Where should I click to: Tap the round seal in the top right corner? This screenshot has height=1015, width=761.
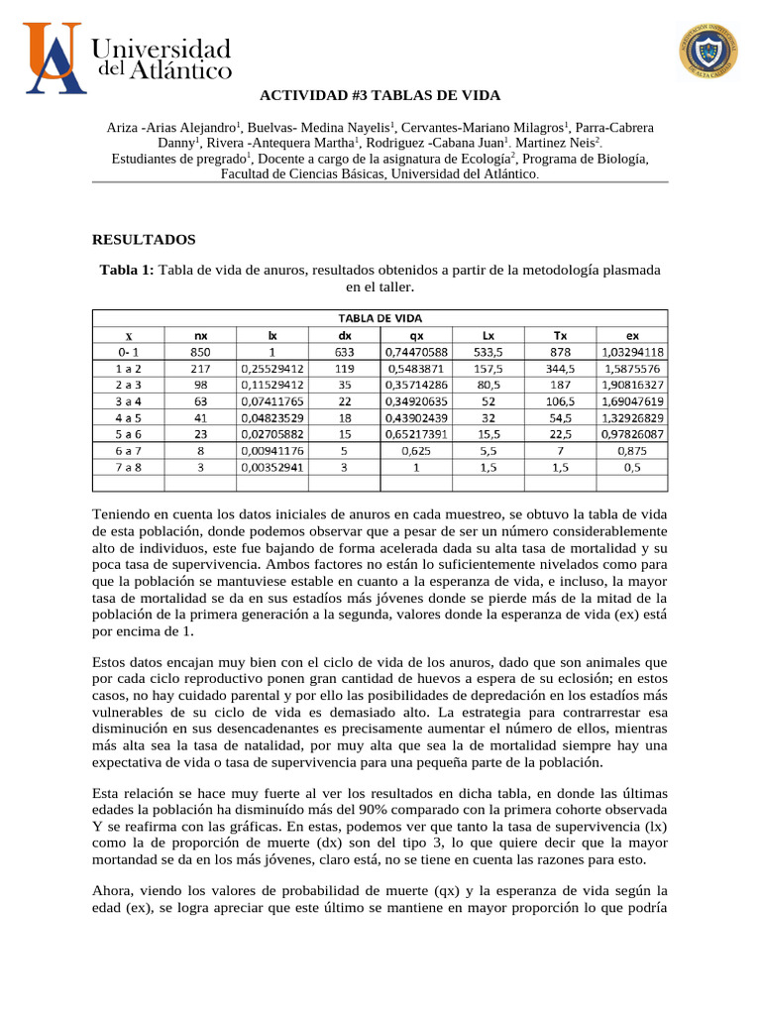[x=707, y=51]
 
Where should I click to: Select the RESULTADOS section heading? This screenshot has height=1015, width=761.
[x=144, y=239]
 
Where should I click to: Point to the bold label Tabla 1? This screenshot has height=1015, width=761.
[x=127, y=270]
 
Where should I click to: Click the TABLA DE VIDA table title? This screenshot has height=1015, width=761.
[x=380, y=317]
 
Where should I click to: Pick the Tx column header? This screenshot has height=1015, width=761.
[x=560, y=335]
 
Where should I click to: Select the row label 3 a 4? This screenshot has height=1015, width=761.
[x=129, y=400]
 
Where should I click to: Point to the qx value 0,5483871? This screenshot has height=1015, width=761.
[x=414, y=368]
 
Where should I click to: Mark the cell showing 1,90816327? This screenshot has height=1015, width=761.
[x=631, y=384]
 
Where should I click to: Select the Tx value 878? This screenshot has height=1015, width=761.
[x=560, y=351]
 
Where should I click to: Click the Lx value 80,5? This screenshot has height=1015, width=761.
[x=488, y=384]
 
